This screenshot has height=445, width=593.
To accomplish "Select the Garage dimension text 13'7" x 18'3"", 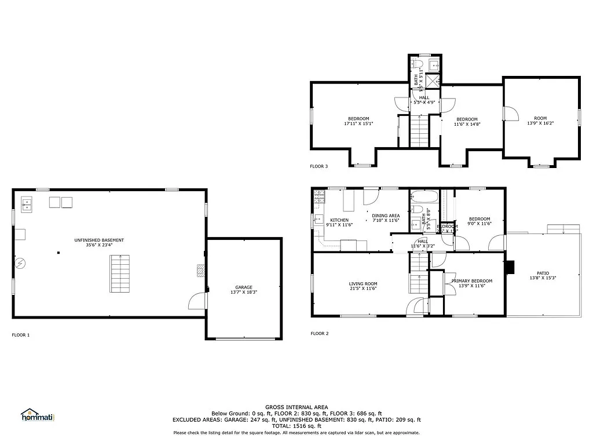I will [x=244, y=292].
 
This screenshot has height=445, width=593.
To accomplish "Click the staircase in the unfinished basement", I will [x=120, y=273].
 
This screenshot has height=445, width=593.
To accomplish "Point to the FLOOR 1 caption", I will [x=20, y=335].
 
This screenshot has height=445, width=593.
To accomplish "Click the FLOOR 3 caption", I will [x=319, y=166].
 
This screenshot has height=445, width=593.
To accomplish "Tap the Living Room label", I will [x=363, y=284].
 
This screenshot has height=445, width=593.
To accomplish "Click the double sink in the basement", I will [x=27, y=203].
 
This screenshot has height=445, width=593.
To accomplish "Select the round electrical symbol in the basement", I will [x=20, y=264].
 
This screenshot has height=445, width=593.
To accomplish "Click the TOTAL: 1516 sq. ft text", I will [x=296, y=426].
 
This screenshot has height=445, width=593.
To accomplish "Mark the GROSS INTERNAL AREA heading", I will [x=296, y=407].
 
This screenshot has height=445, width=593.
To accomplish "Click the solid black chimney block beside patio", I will [x=510, y=267].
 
